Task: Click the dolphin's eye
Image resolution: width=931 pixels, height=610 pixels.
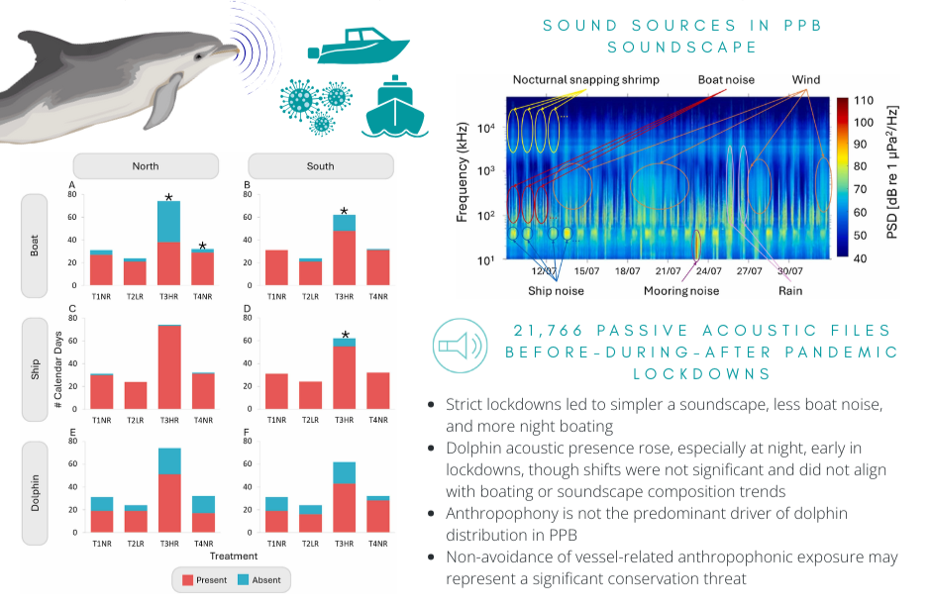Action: pos(198,57)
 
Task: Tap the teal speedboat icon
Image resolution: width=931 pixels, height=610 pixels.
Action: pos(359,46)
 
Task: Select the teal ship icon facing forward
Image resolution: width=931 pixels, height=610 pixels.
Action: pos(395,107)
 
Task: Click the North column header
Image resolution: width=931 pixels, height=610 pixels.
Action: pos(146,166)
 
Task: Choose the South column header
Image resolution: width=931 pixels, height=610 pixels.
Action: pos(321,166)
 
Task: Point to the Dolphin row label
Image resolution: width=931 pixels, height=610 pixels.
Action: pos(35,492)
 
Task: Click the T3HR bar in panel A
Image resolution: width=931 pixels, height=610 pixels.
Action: pos(169,244)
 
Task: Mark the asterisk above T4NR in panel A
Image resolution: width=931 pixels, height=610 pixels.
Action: pos(202,246)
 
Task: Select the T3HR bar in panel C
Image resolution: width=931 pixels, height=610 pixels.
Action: pos(169,366)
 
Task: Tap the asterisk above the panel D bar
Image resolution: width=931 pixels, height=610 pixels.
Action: pos(345,335)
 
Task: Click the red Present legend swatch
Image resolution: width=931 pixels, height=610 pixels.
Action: pos(187,580)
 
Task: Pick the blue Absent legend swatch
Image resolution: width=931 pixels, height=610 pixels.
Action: pos(243,580)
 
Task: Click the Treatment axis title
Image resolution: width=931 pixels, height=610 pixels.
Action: pos(234,556)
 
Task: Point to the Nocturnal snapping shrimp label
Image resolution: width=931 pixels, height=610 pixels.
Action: pos(586,79)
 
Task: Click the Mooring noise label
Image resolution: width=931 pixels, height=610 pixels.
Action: pos(681,291)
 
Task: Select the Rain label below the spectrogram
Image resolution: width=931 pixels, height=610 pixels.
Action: pos(790,291)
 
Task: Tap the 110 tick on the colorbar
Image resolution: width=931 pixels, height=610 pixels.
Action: pos(864,100)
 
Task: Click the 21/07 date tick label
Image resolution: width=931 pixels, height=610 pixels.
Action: pos(668,271)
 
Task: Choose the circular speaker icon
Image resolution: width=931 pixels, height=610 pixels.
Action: pos(461,346)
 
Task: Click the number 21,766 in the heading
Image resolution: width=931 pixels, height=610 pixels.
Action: pos(548,331)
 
